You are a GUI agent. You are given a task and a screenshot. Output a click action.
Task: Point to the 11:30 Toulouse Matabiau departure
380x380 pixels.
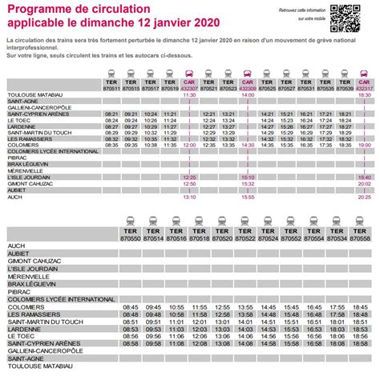pyautogui.click(x=189, y=95)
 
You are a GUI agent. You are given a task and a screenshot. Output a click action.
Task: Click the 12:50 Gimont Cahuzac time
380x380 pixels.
pyautogui.click(x=189, y=183)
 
